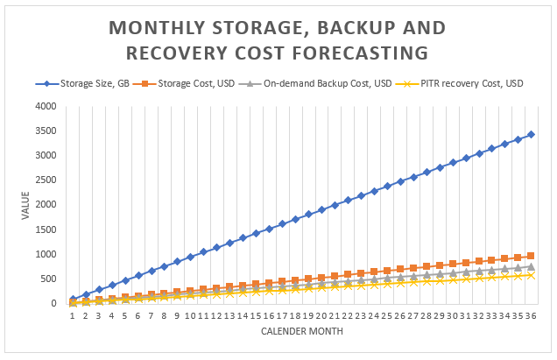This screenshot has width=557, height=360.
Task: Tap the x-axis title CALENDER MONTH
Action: point(301,331)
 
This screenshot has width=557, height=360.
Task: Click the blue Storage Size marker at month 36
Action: point(531,134)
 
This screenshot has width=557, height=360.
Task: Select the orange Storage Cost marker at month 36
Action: point(531,256)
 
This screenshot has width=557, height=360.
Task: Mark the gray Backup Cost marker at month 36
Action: point(531,266)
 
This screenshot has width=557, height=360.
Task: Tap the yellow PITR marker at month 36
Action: point(531,275)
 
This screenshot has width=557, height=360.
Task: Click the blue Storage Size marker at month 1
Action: point(72,299)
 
